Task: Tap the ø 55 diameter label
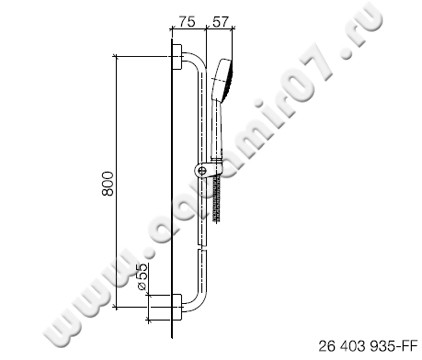click(x=143, y=275)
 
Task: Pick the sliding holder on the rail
click(x=205, y=171)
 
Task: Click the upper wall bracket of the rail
click(x=177, y=57)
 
